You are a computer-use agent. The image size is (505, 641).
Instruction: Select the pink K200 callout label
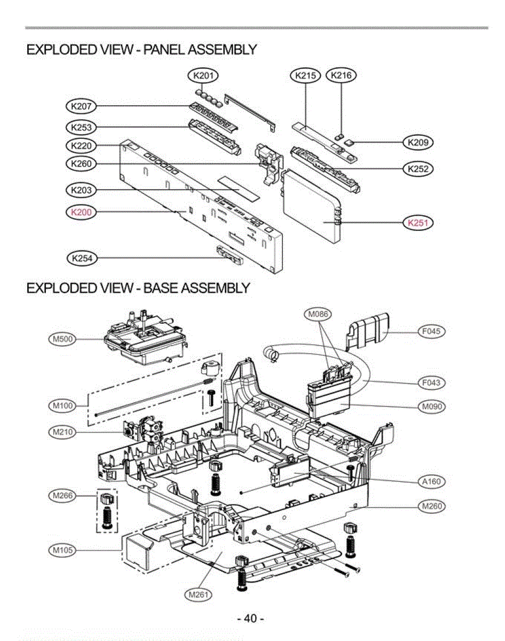coord(82,212)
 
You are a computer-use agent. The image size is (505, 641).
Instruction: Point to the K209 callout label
coord(417,142)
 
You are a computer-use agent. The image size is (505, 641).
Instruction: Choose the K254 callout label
coord(82,259)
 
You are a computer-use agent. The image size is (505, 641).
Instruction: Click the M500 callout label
coord(62,339)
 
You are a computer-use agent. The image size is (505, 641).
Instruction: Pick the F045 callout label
coord(431,332)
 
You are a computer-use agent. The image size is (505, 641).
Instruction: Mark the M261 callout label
coord(198,594)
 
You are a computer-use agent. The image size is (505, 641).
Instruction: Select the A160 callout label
coord(431,481)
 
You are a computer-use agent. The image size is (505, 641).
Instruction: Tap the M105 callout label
coord(62,549)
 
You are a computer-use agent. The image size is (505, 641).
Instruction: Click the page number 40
coord(250,619)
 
